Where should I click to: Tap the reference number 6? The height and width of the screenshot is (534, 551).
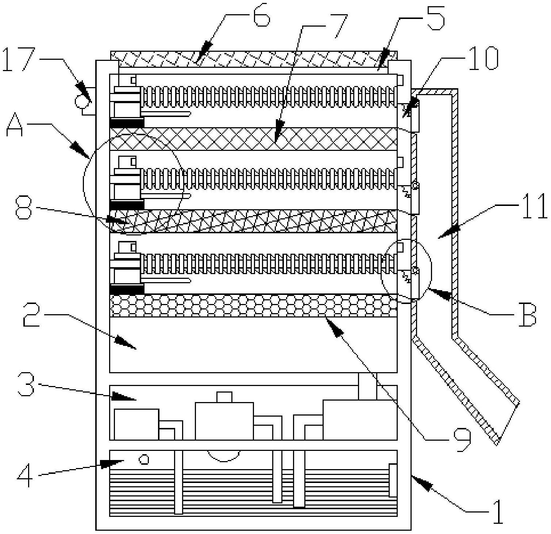(x=261, y=16)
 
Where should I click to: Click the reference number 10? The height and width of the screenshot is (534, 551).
(x=482, y=58)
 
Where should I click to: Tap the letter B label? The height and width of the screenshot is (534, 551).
(x=527, y=315)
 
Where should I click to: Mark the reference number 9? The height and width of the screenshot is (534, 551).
(x=462, y=439)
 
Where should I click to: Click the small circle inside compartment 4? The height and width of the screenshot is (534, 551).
(x=145, y=460)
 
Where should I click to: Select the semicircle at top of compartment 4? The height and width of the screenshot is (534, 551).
(x=224, y=455)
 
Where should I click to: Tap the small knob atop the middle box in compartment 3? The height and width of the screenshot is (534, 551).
(x=224, y=397)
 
